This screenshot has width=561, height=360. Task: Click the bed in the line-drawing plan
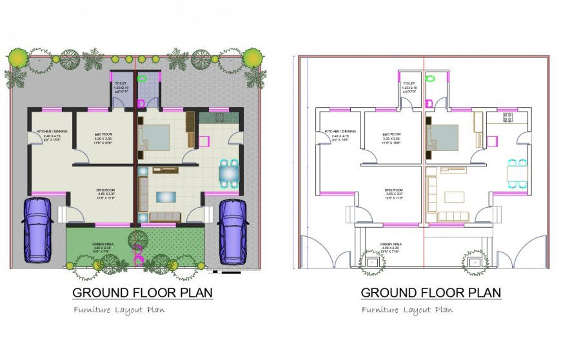443,137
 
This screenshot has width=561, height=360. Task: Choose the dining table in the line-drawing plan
517,173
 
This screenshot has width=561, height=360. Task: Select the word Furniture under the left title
92,310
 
